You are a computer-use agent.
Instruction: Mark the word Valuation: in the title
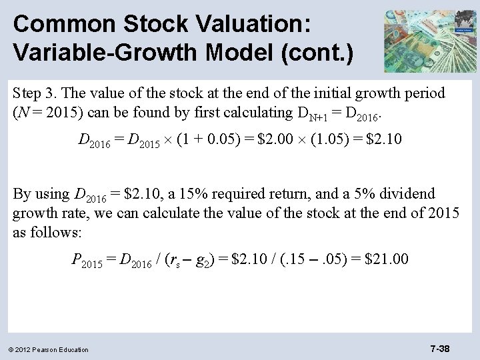click(252, 24)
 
